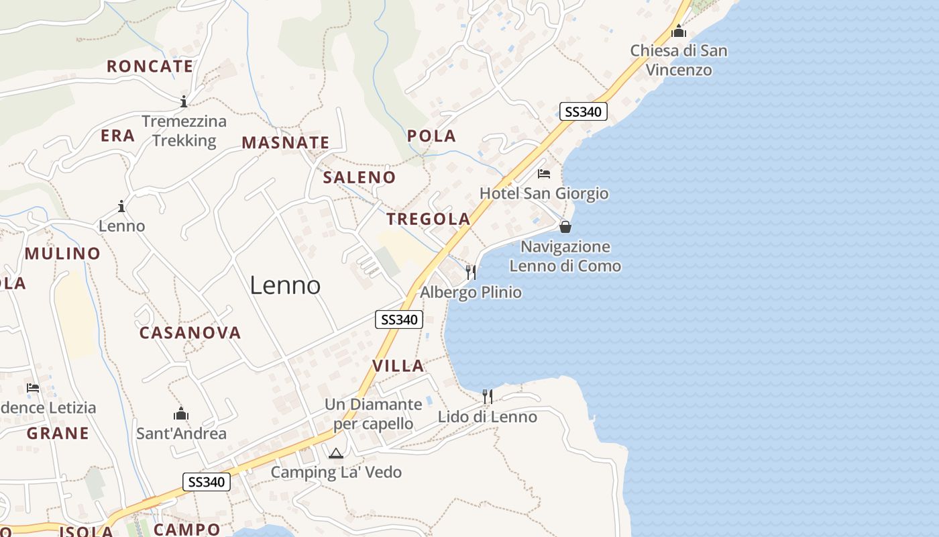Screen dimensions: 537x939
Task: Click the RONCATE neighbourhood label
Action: [150, 66]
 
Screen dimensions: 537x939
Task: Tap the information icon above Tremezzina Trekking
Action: [183, 101]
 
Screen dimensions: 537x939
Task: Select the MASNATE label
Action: [285, 142]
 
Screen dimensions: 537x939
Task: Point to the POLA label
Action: [431, 136]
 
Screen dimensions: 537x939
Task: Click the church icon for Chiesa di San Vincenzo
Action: [679, 31]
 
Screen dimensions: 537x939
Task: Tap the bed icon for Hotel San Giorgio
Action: [544, 174]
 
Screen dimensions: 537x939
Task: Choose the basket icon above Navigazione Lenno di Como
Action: [565, 227]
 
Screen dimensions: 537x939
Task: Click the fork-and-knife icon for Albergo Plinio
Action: [471, 272]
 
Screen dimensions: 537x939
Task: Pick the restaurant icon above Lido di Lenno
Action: [488, 396]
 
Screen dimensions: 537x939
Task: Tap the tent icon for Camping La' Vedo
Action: [335, 453]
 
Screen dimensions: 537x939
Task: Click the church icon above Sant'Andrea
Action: [181, 413]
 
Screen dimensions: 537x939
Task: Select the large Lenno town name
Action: [285, 285]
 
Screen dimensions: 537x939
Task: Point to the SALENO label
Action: [359, 177]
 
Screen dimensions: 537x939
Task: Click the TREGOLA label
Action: [428, 219]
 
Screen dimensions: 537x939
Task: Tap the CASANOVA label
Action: [190, 332]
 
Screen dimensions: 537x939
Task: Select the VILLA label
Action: [398, 366]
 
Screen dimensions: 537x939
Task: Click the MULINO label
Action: [62, 254]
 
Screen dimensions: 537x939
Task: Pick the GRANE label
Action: [58, 433]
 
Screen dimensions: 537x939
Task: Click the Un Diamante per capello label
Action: [373, 414]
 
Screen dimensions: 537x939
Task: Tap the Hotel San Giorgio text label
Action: [544, 193]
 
